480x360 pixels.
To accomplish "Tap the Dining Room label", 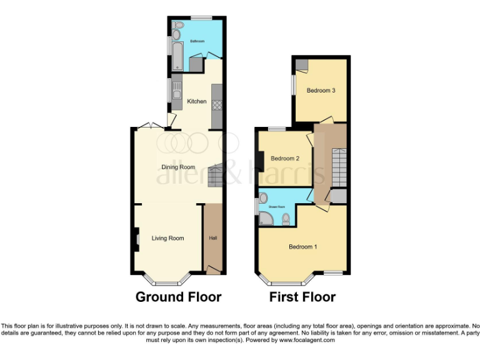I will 179,167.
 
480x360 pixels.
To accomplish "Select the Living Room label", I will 167,238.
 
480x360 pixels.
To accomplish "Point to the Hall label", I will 213,237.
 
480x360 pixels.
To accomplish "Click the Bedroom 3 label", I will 321,91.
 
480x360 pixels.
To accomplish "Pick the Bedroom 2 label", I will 284,159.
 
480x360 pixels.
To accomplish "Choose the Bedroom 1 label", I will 302,247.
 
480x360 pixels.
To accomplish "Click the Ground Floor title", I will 178,297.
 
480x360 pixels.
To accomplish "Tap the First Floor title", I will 302,297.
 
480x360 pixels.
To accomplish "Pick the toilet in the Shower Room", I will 286,219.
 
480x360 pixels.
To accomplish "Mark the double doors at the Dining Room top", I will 152,126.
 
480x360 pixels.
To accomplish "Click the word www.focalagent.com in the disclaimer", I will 307,341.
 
